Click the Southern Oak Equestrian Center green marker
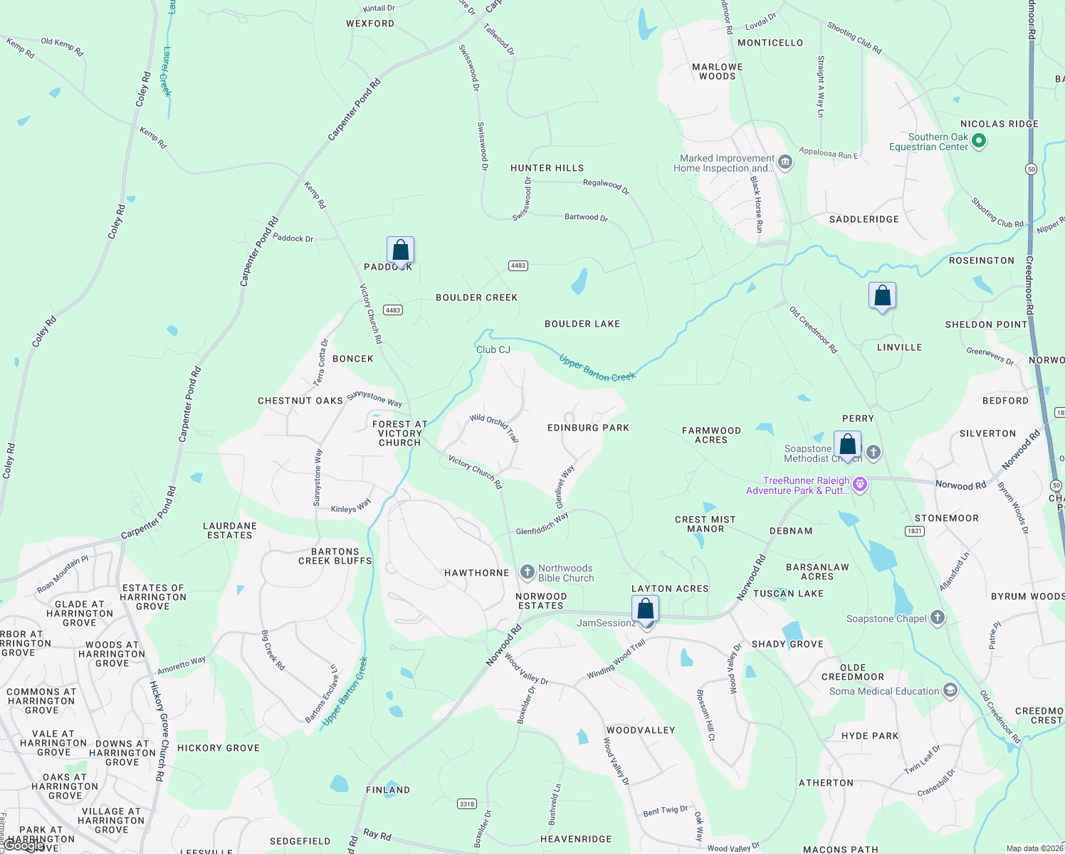click(979, 141)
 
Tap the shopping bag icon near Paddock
click(400, 251)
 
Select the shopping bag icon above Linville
click(882, 296)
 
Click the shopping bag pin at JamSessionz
click(646, 610)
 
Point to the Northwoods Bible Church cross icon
click(527, 571)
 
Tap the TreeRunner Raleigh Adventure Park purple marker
click(860, 485)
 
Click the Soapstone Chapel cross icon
click(938, 618)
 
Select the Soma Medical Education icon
click(950, 690)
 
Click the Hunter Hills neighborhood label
click(547, 168)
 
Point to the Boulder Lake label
click(582, 324)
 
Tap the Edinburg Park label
click(588, 428)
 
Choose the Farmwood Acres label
click(711, 435)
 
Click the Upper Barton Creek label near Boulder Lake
click(597, 368)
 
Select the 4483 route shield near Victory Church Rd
click(393, 310)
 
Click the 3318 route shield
click(467, 803)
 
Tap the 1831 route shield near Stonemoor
click(915, 531)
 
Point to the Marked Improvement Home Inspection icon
click(785, 162)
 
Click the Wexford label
click(370, 23)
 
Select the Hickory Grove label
click(219, 748)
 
